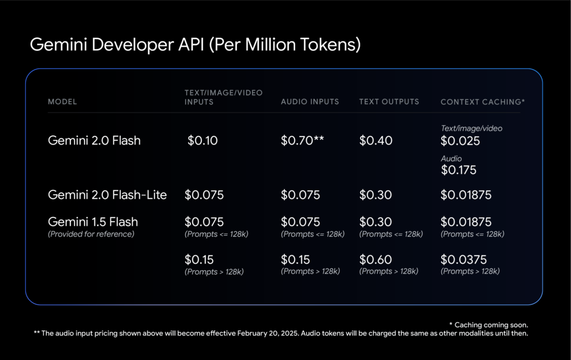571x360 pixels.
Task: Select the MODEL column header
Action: tap(62, 102)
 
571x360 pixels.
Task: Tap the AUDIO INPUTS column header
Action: tap(309, 102)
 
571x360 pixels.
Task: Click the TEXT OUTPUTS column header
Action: tap(389, 102)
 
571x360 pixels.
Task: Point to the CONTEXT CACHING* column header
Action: tap(482, 102)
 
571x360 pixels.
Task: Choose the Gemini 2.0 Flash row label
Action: tap(94, 140)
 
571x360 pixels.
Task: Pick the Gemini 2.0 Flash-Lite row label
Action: tap(107, 195)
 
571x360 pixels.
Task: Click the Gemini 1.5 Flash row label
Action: tap(93, 222)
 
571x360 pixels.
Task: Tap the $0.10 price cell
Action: tap(202, 140)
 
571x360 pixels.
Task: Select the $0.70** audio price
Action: tap(302, 140)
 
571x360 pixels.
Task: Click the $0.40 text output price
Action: tap(376, 140)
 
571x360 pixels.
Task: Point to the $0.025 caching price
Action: tap(460, 141)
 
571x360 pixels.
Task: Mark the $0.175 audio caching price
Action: tap(458, 170)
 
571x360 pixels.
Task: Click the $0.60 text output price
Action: tap(375, 260)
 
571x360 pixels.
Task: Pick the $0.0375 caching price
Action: tap(463, 260)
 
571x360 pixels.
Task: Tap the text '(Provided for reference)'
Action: tap(91, 234)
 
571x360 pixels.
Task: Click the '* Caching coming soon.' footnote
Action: tap(488, 324)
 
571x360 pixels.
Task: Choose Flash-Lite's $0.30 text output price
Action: tap(375, 195)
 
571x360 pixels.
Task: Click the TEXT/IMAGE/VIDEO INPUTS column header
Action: tap(223, 97)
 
